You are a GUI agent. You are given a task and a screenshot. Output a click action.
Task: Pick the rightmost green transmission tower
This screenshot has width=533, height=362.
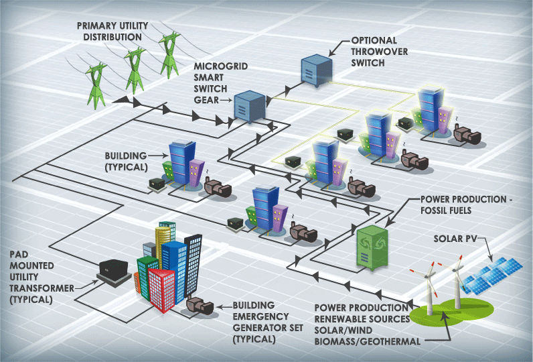[169, 54]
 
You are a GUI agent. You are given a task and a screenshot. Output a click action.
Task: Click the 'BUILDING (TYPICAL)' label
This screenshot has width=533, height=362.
[126, 160]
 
